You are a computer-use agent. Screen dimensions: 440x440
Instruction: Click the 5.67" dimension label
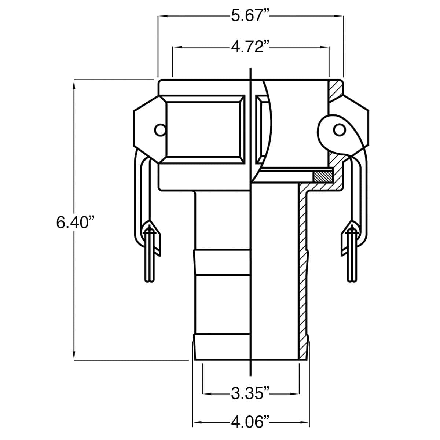(250, 16)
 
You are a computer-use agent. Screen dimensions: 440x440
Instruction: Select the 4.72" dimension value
(250, 47)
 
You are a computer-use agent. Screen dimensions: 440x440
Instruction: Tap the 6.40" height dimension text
(73, 223)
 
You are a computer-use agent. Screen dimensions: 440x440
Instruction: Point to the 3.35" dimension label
(250, 394)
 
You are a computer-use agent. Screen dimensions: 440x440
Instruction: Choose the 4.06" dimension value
(250, 423)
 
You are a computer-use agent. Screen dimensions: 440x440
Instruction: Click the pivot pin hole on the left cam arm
(159, 130)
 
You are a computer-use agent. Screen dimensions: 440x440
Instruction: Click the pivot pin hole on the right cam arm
(339, 130)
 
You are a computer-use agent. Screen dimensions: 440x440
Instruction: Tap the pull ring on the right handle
(352, 257)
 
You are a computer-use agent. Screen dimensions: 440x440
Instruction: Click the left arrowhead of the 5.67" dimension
(161, 16)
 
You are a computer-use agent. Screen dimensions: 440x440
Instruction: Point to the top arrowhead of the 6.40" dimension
(74, 84)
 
